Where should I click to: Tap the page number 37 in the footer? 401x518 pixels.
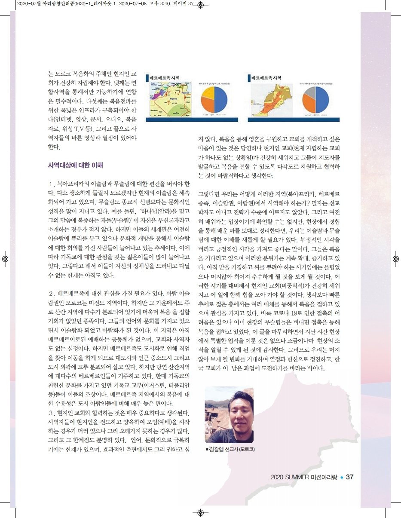pos(349,477)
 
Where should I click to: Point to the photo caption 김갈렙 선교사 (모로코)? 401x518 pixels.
pos(231,450)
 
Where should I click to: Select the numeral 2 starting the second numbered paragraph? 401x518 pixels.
pos(52,294)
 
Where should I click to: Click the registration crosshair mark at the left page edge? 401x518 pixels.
pos(5,259)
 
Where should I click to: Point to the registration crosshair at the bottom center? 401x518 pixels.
pos(200,512)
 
